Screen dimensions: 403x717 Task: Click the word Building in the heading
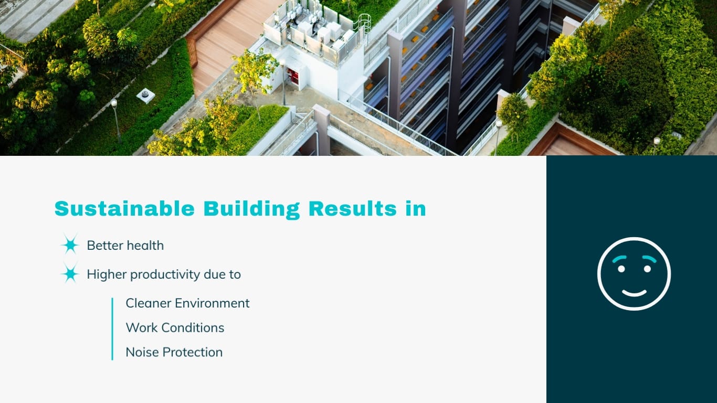pyautogui.click(x=251, y=209)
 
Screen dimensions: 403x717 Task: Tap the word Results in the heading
pyautogui.click(x=352, y=209)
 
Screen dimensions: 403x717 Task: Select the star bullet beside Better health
pyautogui.click(x=70, y=245)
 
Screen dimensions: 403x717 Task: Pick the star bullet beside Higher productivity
pyautogui.click(x=70, y=274)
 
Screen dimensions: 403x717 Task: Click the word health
pyautogui.click(x=145, y=245)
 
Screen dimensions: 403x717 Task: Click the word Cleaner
pyautogui.click(x=149, y=303)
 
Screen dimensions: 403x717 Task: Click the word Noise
pyautogui.click(x=142, y=352)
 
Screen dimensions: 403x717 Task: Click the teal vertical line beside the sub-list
pyautogui.click(x=112, y=328)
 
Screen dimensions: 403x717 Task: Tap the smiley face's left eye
pyautogui.click(x=621, y=269)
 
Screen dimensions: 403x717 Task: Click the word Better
pyautogui.click(x=105, y=245)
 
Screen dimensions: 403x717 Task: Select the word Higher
pyautogui.click(x=107, y=274)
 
